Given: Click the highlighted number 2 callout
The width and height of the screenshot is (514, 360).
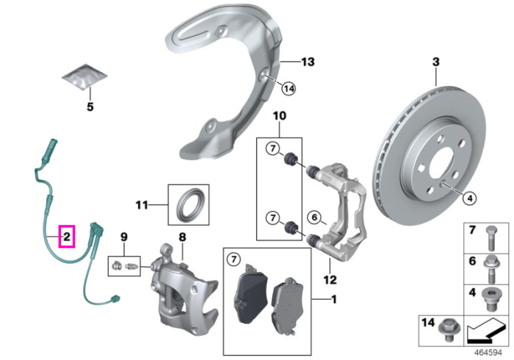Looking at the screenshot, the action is click(67, 237).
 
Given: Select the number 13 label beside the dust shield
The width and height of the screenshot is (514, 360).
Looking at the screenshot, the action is click(308, 62).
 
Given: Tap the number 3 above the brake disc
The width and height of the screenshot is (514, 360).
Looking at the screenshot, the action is click(435, 62).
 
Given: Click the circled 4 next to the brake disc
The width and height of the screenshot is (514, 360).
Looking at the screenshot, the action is click(470, 198).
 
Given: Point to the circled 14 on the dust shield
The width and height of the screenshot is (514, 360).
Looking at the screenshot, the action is click(289, 88).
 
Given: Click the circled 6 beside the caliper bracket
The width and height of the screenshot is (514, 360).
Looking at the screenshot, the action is click(314, 217).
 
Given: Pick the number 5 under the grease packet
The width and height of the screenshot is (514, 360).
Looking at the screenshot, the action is click(90, 107).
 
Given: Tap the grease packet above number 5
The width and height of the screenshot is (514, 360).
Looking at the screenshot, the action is click(84, 76).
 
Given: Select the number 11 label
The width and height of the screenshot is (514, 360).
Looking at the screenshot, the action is click(142, 205).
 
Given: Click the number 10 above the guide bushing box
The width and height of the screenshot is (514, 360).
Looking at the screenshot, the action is click(280, 116).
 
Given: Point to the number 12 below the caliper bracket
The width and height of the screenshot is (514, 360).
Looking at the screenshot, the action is click(330, 280).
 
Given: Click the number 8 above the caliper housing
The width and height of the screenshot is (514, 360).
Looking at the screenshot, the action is click(182, 237).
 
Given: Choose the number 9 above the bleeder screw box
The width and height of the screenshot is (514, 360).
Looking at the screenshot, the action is click(124, 237).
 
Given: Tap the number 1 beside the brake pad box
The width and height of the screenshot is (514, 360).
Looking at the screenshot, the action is click(333, 299).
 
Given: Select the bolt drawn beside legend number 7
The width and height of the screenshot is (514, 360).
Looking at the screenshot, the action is click(490, 238).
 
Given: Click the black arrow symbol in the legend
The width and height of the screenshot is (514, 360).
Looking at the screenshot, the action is click(486, 331).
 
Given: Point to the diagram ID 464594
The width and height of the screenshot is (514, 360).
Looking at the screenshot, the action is click(488, 353).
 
